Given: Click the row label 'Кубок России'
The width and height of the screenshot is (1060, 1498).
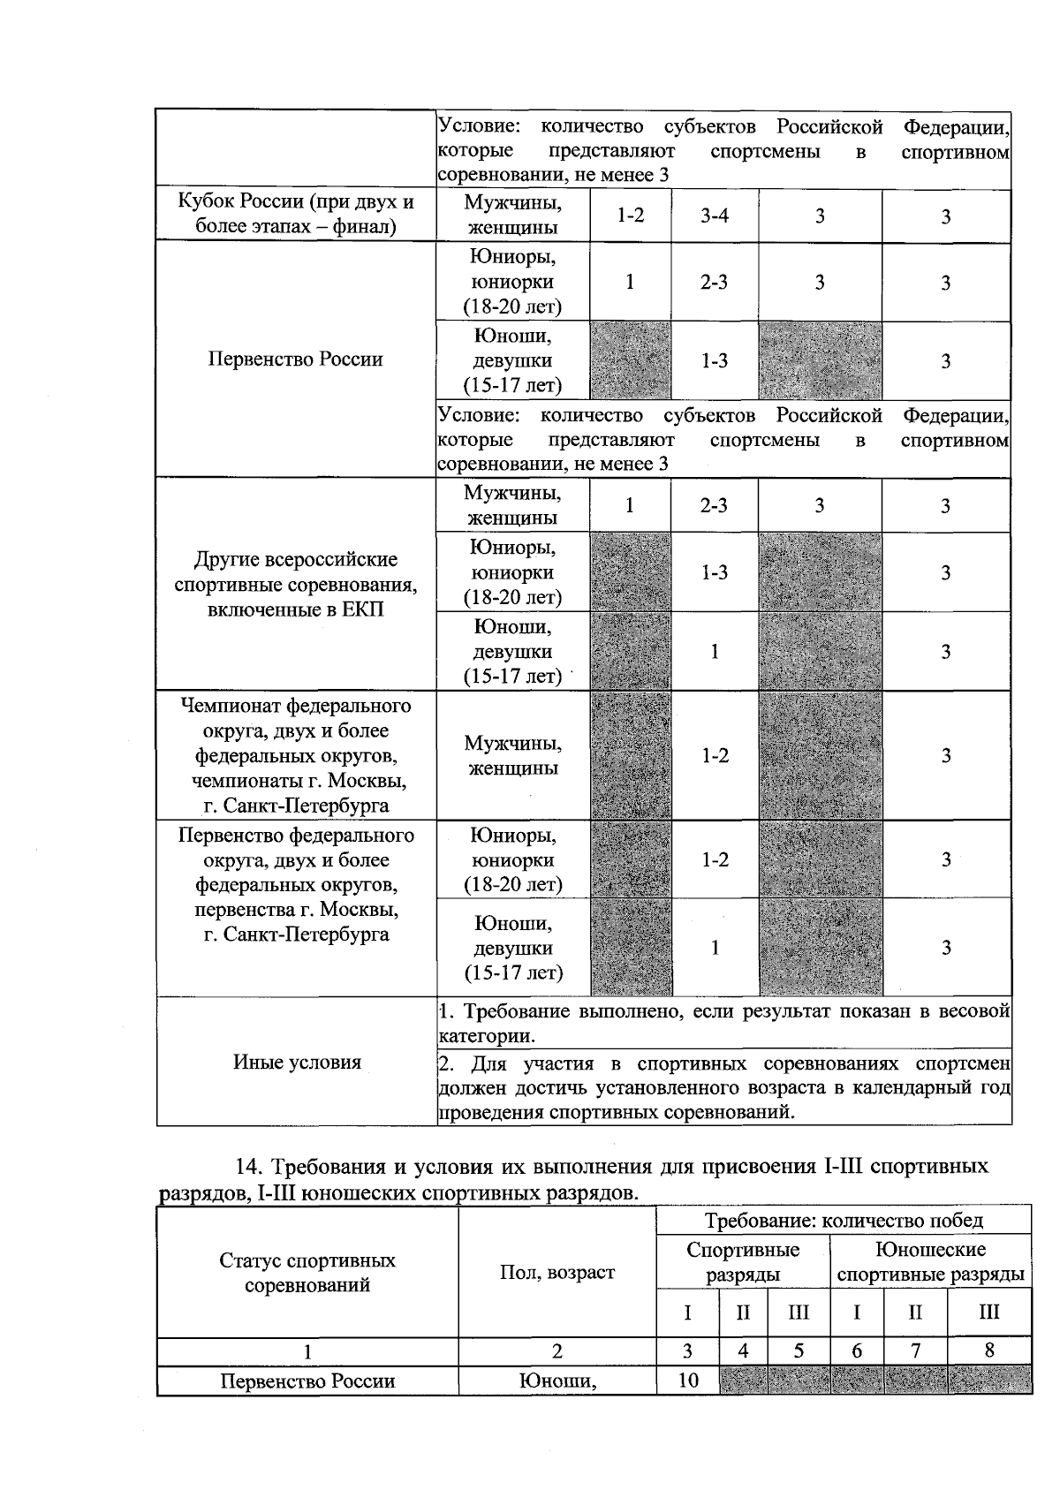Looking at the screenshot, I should tap(296, 214).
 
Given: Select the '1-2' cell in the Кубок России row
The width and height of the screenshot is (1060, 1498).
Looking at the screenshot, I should tap(630, 216).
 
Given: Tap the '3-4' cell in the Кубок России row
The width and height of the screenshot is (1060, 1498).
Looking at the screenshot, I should tap(714, 216).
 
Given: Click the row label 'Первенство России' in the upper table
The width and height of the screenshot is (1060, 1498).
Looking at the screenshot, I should tap(296, 359).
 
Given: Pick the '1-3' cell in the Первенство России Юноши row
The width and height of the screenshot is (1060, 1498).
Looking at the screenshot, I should tap(714, 360).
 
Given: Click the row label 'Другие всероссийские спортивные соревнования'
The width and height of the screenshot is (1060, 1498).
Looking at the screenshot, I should tap(296, 584).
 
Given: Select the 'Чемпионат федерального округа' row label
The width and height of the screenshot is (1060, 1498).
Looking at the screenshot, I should tap(296, 755).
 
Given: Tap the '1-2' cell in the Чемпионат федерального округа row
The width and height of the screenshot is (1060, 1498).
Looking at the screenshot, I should tap(714, 755).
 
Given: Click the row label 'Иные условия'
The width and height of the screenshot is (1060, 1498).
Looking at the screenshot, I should tap(297, 1062).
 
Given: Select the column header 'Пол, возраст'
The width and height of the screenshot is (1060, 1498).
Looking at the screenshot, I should tap(556, 1273).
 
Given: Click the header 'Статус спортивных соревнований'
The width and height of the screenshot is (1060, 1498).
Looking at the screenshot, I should tap(307, 1273).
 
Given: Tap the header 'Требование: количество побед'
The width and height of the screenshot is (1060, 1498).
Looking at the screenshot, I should tap(843, 1221).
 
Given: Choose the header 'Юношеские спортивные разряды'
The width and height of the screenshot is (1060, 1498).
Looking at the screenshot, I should tap(930, 1262).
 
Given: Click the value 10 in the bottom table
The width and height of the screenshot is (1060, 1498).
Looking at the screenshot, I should tap(687, 1380).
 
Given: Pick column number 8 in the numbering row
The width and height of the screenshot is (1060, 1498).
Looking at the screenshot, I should tap(988, 1350).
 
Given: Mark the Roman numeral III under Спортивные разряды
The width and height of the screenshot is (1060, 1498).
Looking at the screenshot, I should tap(798, 1313).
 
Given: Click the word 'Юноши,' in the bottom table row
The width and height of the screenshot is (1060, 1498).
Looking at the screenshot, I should tap(556, 1381).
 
